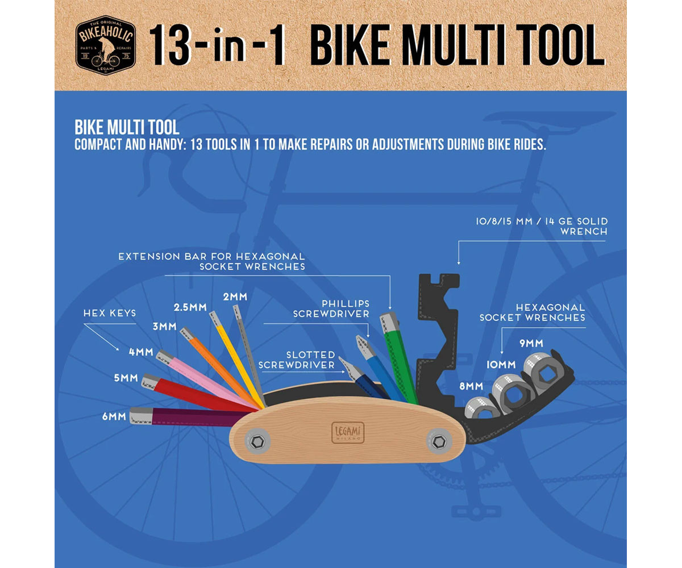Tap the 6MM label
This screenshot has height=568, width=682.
pyautogui.click(x=114, y=416)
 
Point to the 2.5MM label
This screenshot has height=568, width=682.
pyautogui.click(x=189, y=308)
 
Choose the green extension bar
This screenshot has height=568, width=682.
pyautogui.click(x=401, y=358)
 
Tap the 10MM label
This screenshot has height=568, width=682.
pyautogui.click(x=500, y=364)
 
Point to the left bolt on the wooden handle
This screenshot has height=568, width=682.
pyautogui.click(x=256, y=441)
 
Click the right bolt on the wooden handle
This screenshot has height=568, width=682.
pyautogui.click(x=439, y=441)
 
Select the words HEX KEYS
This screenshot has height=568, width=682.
pyautogui.click(x=110, y=313)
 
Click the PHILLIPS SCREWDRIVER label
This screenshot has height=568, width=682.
pyautogui.click(x=331, y=308)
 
